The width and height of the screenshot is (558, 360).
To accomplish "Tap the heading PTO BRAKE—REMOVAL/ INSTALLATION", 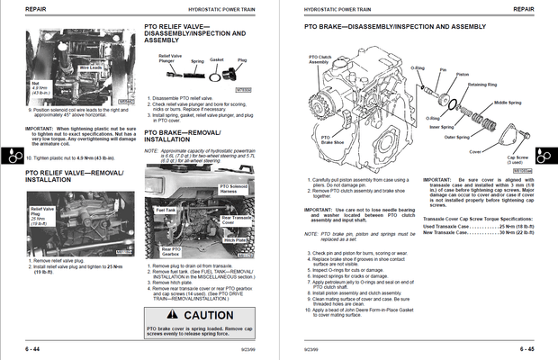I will click(180, 136).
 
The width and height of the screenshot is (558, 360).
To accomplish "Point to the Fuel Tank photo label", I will click(166, 210).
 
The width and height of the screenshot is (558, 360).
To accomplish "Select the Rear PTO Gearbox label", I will click(171, 250).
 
